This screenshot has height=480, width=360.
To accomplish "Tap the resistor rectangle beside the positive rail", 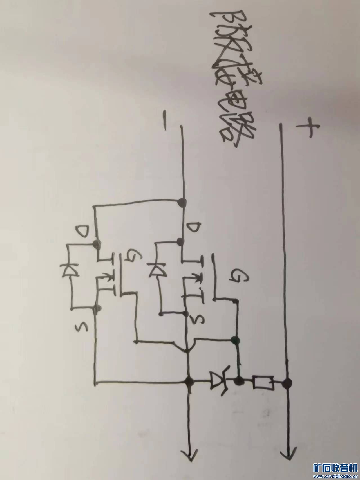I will pyautogui.click(x=263, y=382).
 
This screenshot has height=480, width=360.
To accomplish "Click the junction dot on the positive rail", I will pyautogui.click(x=287, y=382).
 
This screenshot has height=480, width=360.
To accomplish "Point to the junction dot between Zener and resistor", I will pyautogui.click(x=239, y=382).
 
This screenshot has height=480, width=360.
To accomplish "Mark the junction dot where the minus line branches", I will pyautogui.click(x=183, y=201).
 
